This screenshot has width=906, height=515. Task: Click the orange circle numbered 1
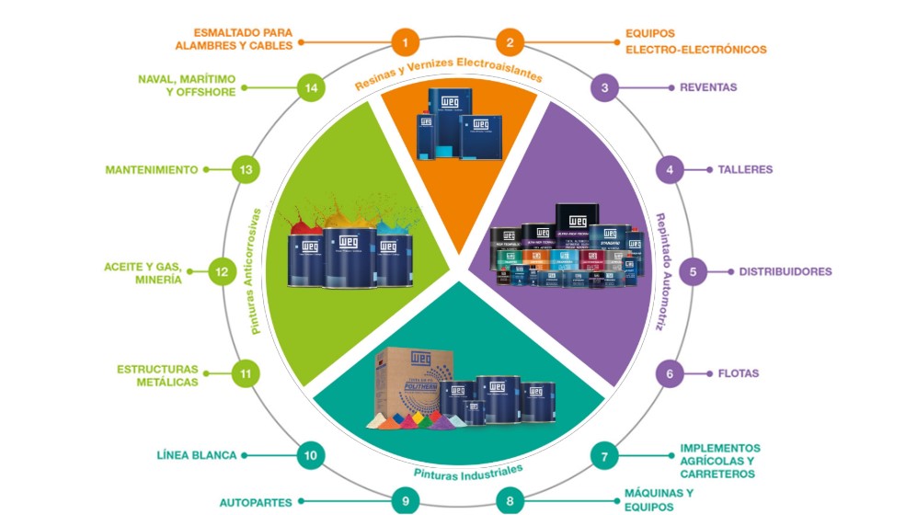pyautogui.click(x=405, y=41)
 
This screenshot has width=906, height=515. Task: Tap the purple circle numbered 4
pyautogui.click(x=670, y=170)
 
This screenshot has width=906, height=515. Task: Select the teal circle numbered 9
pyautogui.click(x=405, y=502)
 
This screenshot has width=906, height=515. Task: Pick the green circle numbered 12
pyautogui.click(x=221, y=271)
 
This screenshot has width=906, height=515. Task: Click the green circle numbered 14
pyautogui.click(x=312, y=88)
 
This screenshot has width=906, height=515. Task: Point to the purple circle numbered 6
pyautogui.click(x=670, y=373)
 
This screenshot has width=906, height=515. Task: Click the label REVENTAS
pyautogui.click(x=708, y=88)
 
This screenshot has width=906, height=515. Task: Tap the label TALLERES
pyautogui.click(x=744, y=170)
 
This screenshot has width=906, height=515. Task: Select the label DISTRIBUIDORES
pyautogui.click(x=786, y=272)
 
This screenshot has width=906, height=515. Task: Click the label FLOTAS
pyautogui.click(x=739, y=373)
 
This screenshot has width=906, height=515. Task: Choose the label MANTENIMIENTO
pyautogui.click(x=152, y=170)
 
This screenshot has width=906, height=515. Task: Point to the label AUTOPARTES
pyautogui.click(x=256, y=502)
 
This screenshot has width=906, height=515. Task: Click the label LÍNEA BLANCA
pyautogui.click(x=197, y=454)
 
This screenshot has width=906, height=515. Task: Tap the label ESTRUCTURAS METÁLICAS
pyautogui.click(x=157, y=375)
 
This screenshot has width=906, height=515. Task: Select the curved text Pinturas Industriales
pyautogui.click(x=456, y=475)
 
